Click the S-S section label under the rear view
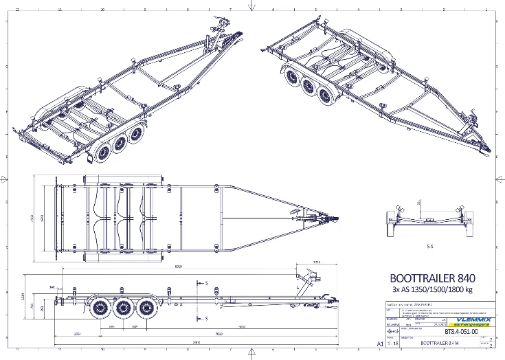429,245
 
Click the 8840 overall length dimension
197,341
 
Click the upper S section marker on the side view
206,282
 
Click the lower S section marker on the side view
206,319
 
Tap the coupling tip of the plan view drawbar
338,221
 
